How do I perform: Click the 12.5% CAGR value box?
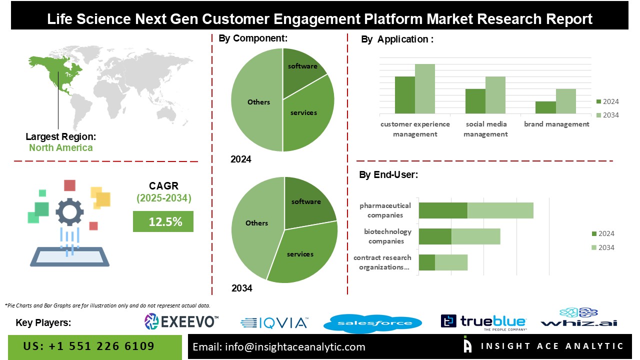[x=163, y=221]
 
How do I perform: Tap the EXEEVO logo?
[x=181, y=321]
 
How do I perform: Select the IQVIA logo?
[x=274, y=323]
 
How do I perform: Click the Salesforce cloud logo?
[x=372, y=323]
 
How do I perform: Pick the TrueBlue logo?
[x=483, y=322]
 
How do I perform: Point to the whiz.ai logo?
[x=579, y=318]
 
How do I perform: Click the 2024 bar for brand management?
[x=545, y=107]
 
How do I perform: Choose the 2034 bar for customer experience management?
[x=424, y=88]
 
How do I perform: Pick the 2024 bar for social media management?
[x=475, y=101]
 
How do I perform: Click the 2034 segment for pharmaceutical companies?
[x=500, y=210]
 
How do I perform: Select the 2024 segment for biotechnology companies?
[x=435, y=236]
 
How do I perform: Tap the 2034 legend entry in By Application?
[x=607, y=115]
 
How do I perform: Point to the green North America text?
[x=60, y=147]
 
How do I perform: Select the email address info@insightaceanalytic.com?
[x=279, y=347]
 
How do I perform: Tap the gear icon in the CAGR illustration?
[x=69, y=211]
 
